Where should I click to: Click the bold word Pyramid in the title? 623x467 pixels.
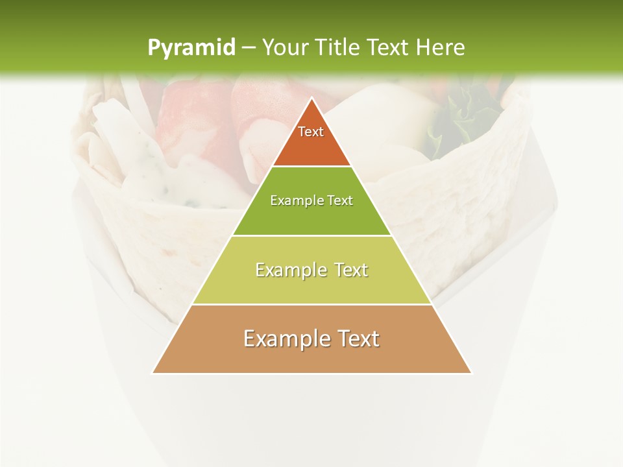(x=191, y=48)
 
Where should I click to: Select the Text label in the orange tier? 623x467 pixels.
(x=311, y=132)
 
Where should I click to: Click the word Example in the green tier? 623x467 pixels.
(x=293, y=201)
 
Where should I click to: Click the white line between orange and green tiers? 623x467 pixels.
(x=311, y=167)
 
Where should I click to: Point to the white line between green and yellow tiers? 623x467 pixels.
(x=311, y=235)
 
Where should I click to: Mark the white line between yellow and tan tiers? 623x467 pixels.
(x=311, y=304)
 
